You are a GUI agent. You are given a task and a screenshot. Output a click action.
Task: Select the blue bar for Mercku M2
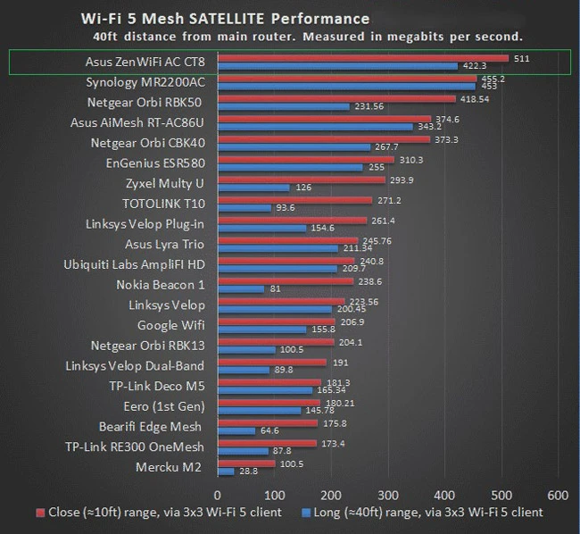click(x=225, y=471)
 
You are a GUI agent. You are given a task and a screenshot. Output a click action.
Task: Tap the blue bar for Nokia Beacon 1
click(x=239, y=288)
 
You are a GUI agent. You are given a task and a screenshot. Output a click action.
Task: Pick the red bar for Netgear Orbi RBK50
click(x=336, y=99)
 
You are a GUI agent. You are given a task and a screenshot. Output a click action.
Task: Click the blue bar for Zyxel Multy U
click(x=252, y=188)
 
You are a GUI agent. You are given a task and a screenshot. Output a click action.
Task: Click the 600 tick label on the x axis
click(x=558, y=494)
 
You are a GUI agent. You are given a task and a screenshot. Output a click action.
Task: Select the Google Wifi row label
click(x=170, y=325)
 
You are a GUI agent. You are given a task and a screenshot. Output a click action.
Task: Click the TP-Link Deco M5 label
click(x=155, y=386)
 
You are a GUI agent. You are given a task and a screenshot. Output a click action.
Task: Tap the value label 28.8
click(x=249, y=471)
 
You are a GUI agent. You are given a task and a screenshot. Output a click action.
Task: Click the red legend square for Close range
click(x=40, y=513)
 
